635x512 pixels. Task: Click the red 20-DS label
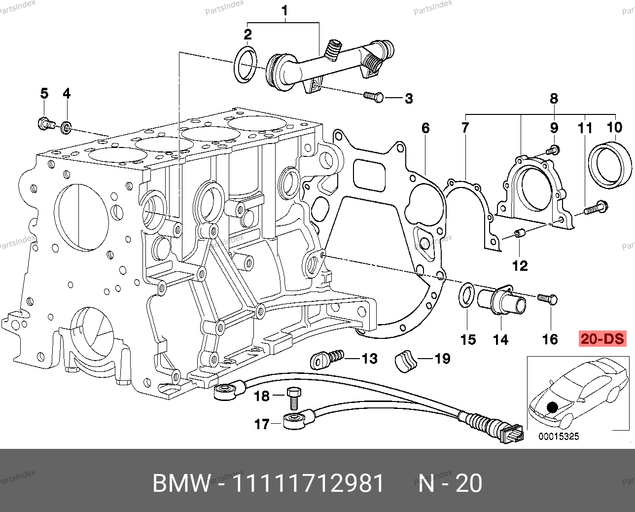(602, 339)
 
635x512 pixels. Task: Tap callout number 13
(369, 359)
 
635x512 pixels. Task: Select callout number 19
(442, 359)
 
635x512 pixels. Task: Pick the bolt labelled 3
(373, 97)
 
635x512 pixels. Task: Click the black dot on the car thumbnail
(552, 407)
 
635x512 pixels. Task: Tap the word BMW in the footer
(181, 483)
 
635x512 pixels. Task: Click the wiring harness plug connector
(510, 434)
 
